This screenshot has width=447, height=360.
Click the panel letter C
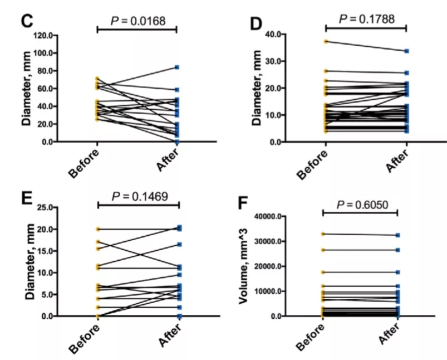27,21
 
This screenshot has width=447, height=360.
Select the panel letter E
28,199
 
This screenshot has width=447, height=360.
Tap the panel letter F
243,202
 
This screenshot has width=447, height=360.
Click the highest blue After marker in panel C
176,67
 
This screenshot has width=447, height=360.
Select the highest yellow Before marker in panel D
326,41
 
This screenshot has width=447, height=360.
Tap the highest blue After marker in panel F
397,235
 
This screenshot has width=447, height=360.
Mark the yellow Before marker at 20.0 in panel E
98,229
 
